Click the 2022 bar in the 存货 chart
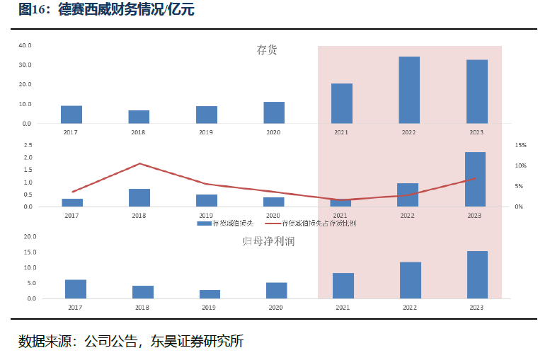coord(409,90)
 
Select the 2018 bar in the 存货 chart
coord(139,117)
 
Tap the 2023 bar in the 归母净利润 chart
coord(477,274)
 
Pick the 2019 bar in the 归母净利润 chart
coord(210,294)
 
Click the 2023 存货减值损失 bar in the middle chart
coord(475,179)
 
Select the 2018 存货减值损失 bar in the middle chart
coord(139,197)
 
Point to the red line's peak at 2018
coord(139,163)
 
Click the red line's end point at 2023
coord(474,178)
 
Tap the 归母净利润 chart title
coord(268,241)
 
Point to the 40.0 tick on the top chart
coord(25,45)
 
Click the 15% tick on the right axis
coord(520,145)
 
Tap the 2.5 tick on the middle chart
coord(28,145)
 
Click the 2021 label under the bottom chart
coord(342,308)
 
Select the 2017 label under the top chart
coord(71,132)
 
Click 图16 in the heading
coord(33,10)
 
